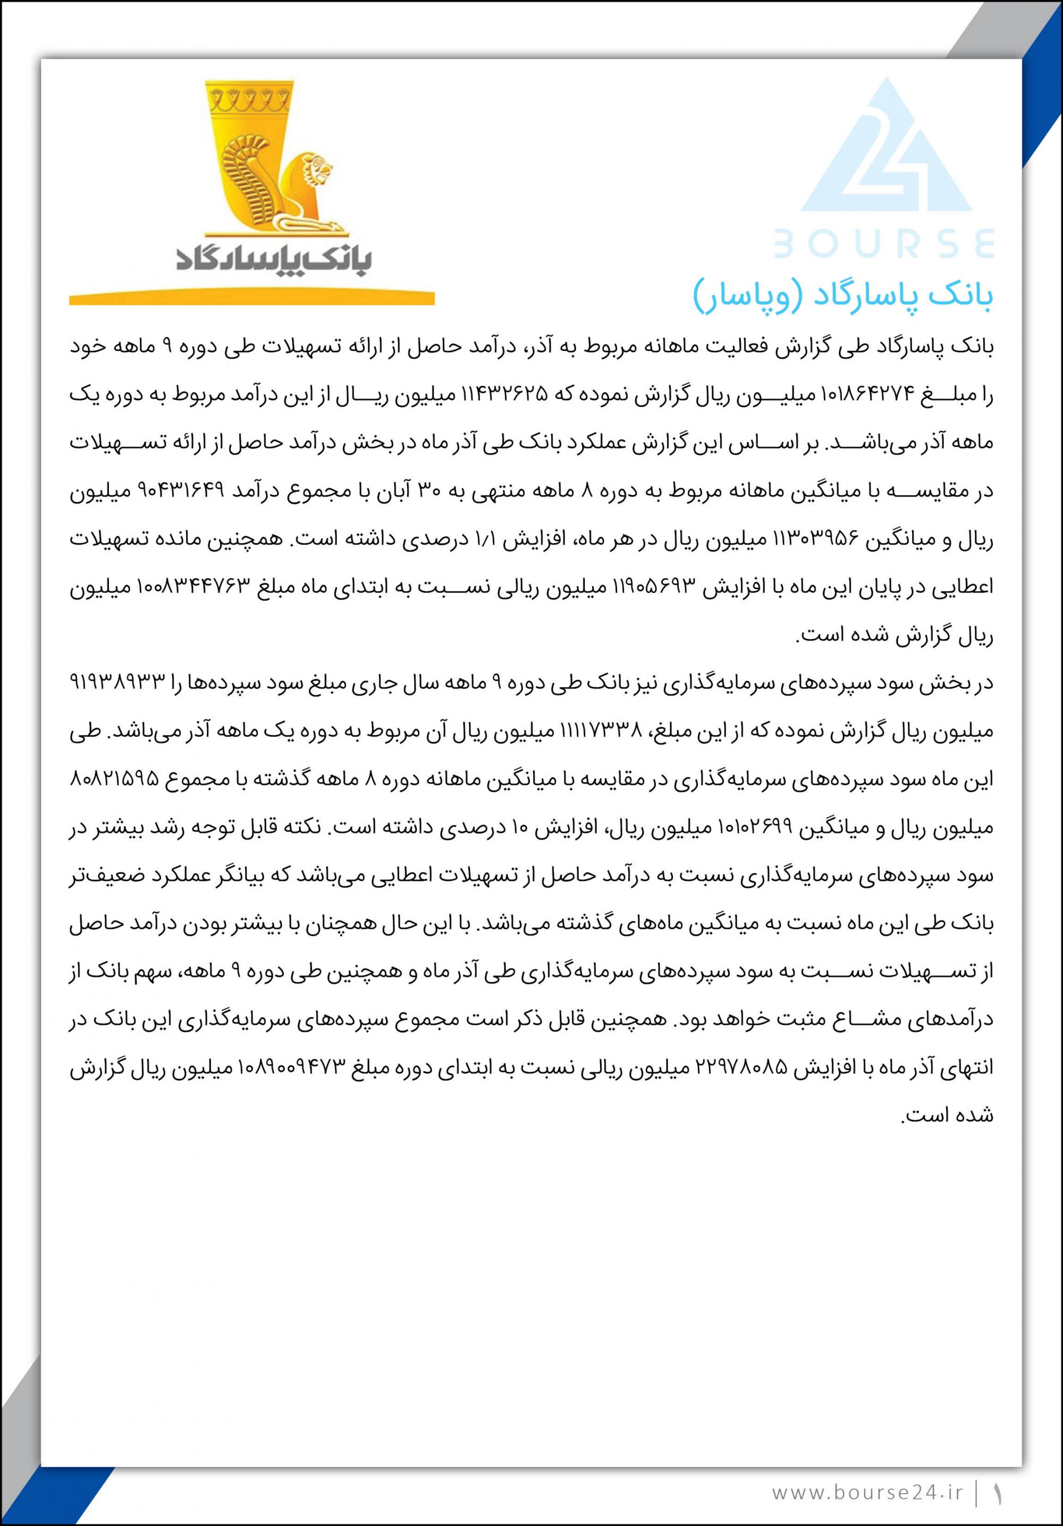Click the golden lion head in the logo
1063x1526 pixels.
[318, 167]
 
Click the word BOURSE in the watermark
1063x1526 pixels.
[884, 243]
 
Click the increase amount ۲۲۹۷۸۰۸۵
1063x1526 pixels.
[741, 1068]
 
